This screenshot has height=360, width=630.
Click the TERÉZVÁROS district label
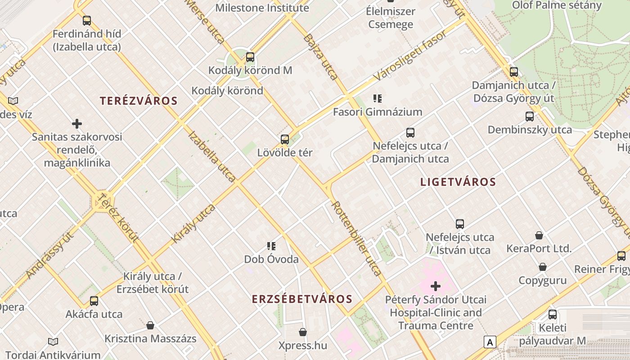(x=139, y=101)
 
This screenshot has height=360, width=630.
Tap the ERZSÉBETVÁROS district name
(x=302, y=299)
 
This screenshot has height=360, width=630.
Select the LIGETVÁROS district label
(x=458, y=182)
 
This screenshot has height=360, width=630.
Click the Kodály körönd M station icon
(x=250, y=57)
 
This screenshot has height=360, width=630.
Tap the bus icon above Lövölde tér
(x=285, y=139)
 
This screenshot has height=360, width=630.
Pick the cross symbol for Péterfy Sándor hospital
(x=436, y=286)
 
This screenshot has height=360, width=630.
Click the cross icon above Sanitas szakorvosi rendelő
(x=77, y=123)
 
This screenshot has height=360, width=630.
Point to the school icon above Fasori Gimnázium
(x=378, y=98)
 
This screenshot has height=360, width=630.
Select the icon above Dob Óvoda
(x=271, y=246)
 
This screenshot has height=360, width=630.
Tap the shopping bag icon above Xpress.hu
(x=303, y=332)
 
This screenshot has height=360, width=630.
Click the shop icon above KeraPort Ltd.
(x=539, y=235)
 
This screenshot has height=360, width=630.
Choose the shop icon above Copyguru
(x=543, y=267)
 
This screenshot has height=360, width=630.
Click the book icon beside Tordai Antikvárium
(x=53, y=342)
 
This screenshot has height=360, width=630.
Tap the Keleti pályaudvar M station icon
(x=553, y=315)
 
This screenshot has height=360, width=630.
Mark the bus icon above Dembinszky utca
(x=530, y=117)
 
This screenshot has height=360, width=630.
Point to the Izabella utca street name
(x=211, y=156)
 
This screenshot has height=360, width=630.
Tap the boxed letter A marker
(x=490, y=342)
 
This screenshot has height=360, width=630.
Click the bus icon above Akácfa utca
(x=94, y=301)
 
